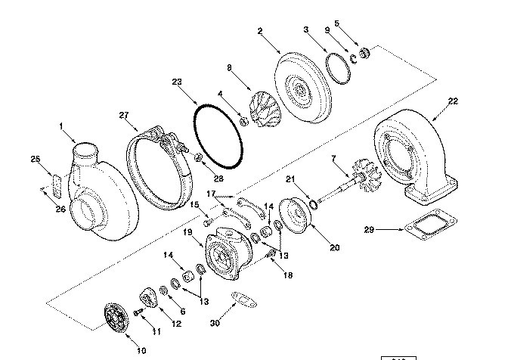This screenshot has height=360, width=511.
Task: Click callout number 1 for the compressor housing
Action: coord(62,126)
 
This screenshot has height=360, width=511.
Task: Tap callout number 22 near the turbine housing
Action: coord(453,100)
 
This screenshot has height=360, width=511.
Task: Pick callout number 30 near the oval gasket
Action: coord(215,323)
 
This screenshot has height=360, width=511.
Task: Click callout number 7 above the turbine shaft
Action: coord(332,158)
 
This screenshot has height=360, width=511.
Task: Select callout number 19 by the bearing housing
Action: coord(186,232)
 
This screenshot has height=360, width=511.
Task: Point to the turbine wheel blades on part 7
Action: coord(370,180)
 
